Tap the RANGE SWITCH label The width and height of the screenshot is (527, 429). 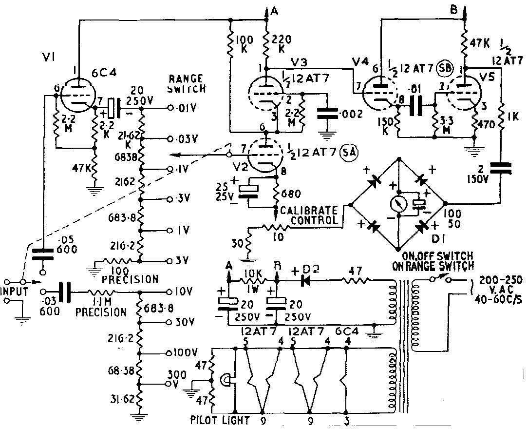tap(187, 83)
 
